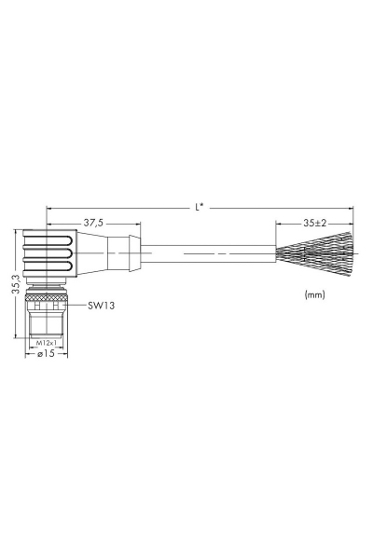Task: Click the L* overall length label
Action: coord(200,207)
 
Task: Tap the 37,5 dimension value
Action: coord(93,223)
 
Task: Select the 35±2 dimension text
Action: coord(315,224)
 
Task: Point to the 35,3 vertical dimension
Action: coord(17,284)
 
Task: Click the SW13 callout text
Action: coord(102,306)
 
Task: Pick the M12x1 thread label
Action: coord(47,343)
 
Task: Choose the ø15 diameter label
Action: coord(46,353)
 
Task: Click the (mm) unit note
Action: coord(315,294)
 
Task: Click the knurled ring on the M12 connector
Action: coord(47,296)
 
